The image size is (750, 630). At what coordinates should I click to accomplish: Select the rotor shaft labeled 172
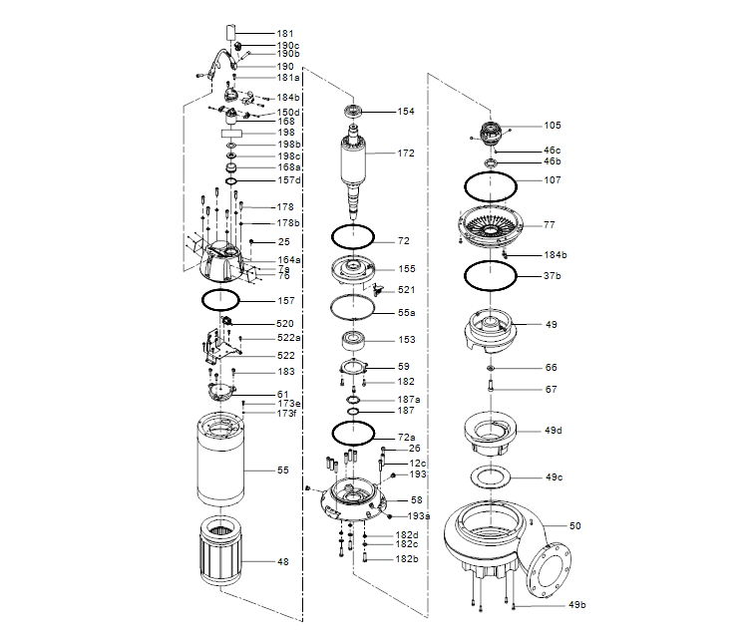pyautogui.click(x=354, y=164)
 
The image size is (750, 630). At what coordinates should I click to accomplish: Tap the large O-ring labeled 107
pyautogui.click(x=490, y=185)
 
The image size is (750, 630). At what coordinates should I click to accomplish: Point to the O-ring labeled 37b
pyautogui.click(x=490, y=275)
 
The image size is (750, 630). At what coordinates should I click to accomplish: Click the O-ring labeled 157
pyautogui.click(x=221, y=300)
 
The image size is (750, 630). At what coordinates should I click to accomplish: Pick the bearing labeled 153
pyautogui.click(x=353, y=340)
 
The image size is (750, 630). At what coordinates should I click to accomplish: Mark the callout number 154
pyautogui.click(x=406, y=112)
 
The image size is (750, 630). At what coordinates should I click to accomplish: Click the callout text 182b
pyautogui.click(x=406, y=559)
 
